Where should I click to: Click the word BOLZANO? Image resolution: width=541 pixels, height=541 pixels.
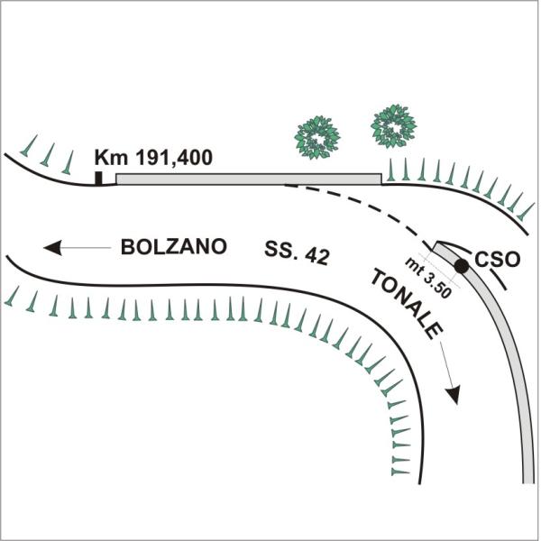tap(173, 247)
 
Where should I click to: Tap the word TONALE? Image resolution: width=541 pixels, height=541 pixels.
tap(407, 305)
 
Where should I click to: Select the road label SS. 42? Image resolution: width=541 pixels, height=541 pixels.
tap(297, 252)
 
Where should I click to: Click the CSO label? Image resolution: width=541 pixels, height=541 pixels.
tap(497, 259)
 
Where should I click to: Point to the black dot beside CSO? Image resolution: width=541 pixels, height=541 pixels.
tap(462, 266)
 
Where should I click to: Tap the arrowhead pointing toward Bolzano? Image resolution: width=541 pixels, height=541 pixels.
tap(53, 247)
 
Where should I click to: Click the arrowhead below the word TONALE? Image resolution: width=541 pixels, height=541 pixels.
tap(454, 395)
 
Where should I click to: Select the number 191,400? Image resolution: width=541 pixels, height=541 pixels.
tap(173, 158)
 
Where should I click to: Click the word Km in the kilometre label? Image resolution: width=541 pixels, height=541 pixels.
tap(111, 157)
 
